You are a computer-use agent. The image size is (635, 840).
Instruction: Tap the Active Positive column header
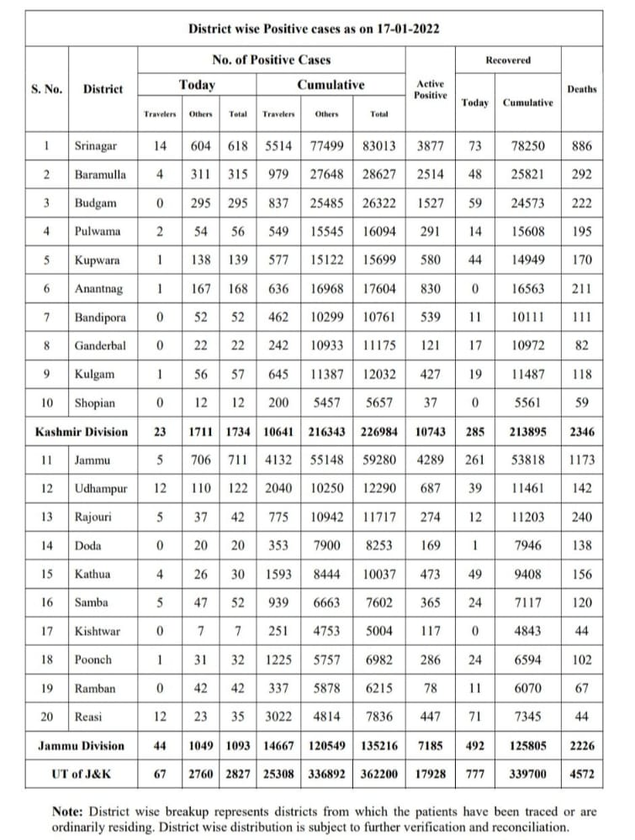tap(430, 89)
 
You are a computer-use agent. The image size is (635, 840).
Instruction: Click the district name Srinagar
tap(95, 145)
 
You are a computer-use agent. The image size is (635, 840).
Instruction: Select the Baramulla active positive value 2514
tap(430, 174)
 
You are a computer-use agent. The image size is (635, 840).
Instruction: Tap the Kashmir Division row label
tap(82, 432)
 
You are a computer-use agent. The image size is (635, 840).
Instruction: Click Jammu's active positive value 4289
tap(430, 459)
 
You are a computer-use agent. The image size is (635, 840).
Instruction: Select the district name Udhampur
tap(100, 488)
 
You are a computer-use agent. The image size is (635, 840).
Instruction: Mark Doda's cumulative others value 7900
tap(326, 545)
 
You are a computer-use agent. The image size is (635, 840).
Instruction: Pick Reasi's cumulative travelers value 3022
tap(278, 717)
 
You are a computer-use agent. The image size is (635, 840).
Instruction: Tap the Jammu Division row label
tap(81, 745)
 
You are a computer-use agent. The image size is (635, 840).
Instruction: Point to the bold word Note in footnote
tap(66, 812)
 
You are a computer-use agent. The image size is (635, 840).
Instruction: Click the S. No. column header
tap(46, 88)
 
